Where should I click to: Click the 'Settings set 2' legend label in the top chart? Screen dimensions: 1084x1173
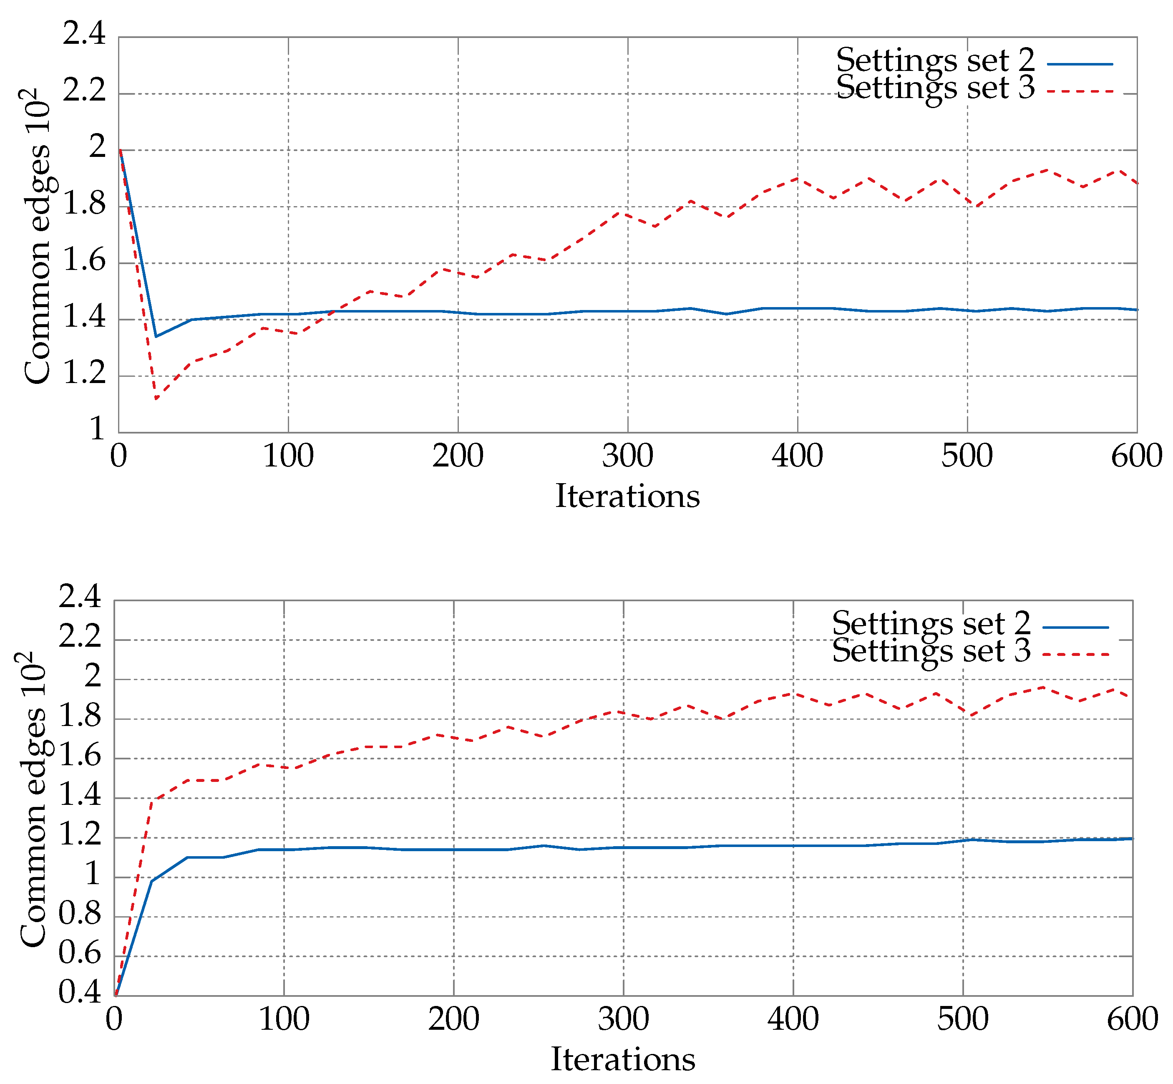935,61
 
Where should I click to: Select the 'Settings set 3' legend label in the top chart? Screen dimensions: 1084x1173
935,88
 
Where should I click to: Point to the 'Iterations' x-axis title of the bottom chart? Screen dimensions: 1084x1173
623,1059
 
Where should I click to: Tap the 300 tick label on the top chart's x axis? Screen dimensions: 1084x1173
627,456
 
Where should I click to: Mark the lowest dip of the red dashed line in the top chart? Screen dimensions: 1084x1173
156,399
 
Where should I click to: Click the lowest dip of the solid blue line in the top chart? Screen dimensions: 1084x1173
156,336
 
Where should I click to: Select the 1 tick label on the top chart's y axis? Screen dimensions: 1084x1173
97,429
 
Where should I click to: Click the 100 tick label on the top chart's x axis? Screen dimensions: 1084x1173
288,456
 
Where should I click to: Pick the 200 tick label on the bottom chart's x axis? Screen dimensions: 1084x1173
453,1019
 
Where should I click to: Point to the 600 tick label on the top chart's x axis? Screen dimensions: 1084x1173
1136,456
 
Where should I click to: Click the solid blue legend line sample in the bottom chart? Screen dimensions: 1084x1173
1076,628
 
